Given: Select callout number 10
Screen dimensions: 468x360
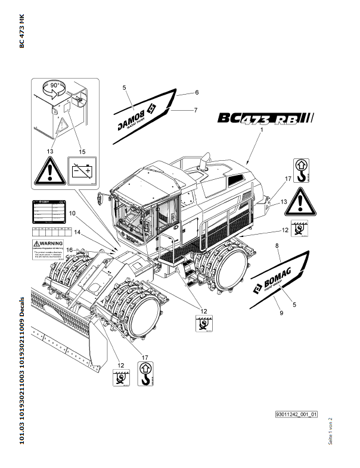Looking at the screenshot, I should click(72, 213).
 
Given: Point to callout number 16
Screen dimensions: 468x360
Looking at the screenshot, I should click(69, 249).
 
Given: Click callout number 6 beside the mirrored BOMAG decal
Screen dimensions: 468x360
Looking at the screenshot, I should click(197, 93).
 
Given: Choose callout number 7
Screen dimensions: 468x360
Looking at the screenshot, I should click(195, 110).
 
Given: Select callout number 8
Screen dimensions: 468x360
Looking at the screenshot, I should click(277, 245).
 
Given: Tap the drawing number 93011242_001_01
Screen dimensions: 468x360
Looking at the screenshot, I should click(296, 414).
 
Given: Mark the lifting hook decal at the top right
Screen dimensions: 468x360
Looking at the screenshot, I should click(302, 170).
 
